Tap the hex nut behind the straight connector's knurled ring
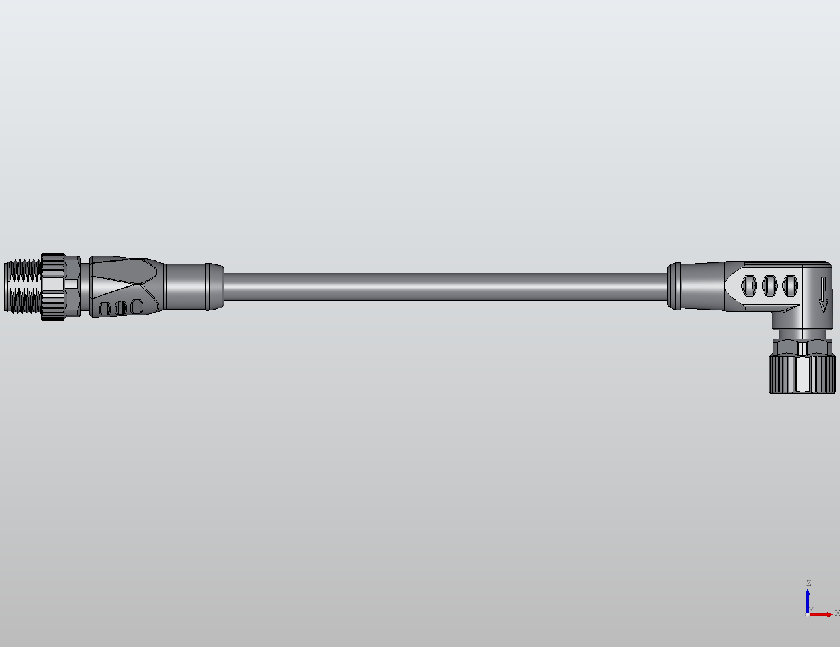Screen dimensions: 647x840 click(x=73, y=286)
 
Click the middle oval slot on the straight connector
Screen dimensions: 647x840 click(x=121, y=307)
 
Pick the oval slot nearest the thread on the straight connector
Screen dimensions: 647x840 click(x=105, y=308)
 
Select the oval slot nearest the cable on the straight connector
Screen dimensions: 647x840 click(x=136, y=306)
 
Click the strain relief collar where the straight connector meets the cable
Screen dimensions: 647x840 click(x=194, y=286)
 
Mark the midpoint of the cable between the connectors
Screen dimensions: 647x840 click(x=446, y=286)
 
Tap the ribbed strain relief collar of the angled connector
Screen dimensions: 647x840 click(x=674, y=286)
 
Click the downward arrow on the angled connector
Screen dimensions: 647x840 click(x=823, y=295)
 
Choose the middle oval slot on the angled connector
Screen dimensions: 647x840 click(x=769, y=286)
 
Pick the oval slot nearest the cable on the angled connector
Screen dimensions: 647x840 click(x=749, y=286)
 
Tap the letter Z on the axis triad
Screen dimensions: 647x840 click(x=808, y=584)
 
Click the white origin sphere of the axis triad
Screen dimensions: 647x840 click(x=808, y=614)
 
